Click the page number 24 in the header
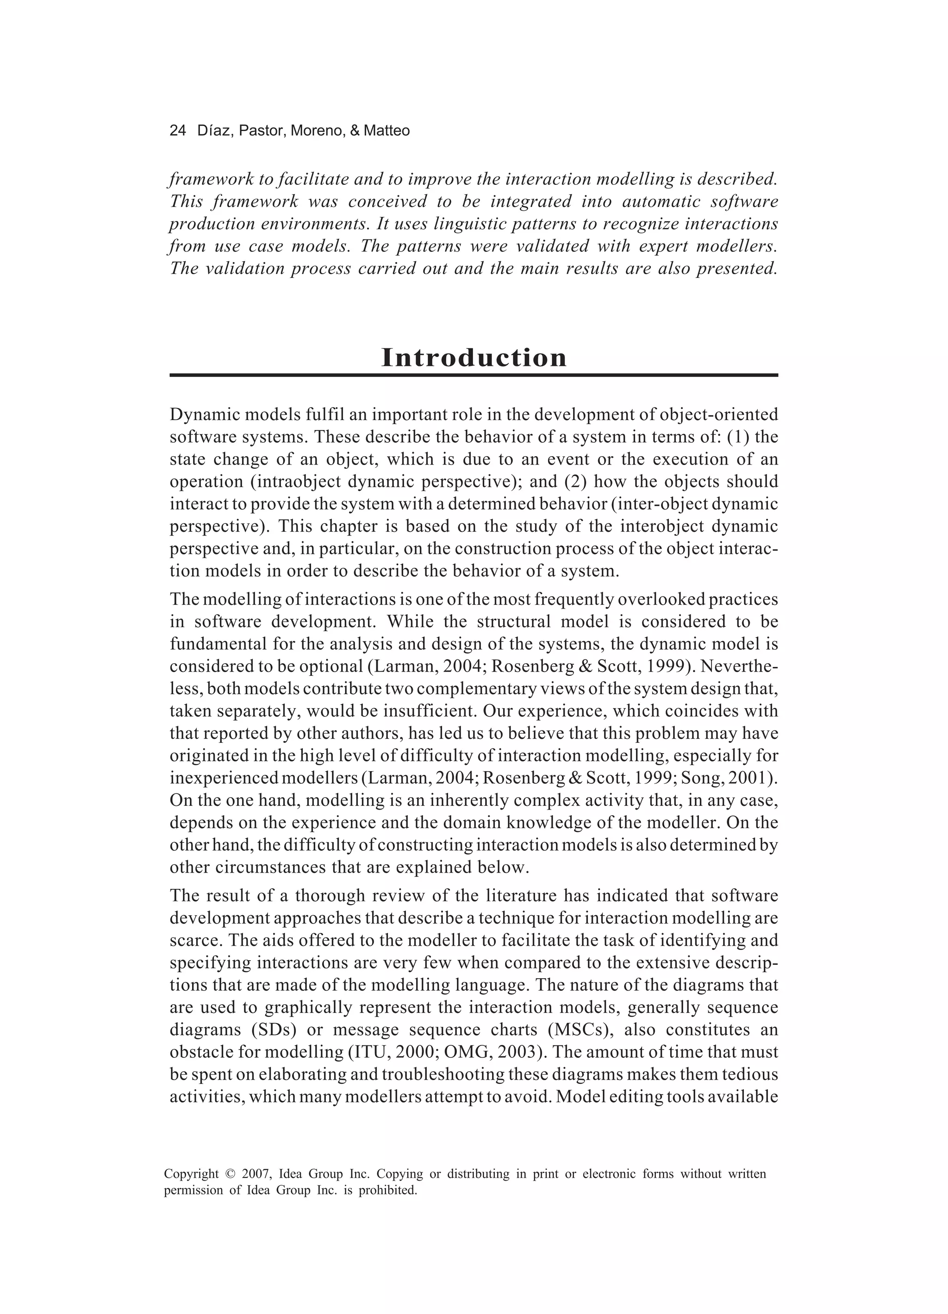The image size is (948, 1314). click(177, 131)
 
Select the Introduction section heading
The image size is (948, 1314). click(474, 357)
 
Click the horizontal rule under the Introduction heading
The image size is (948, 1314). click(474, 376)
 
